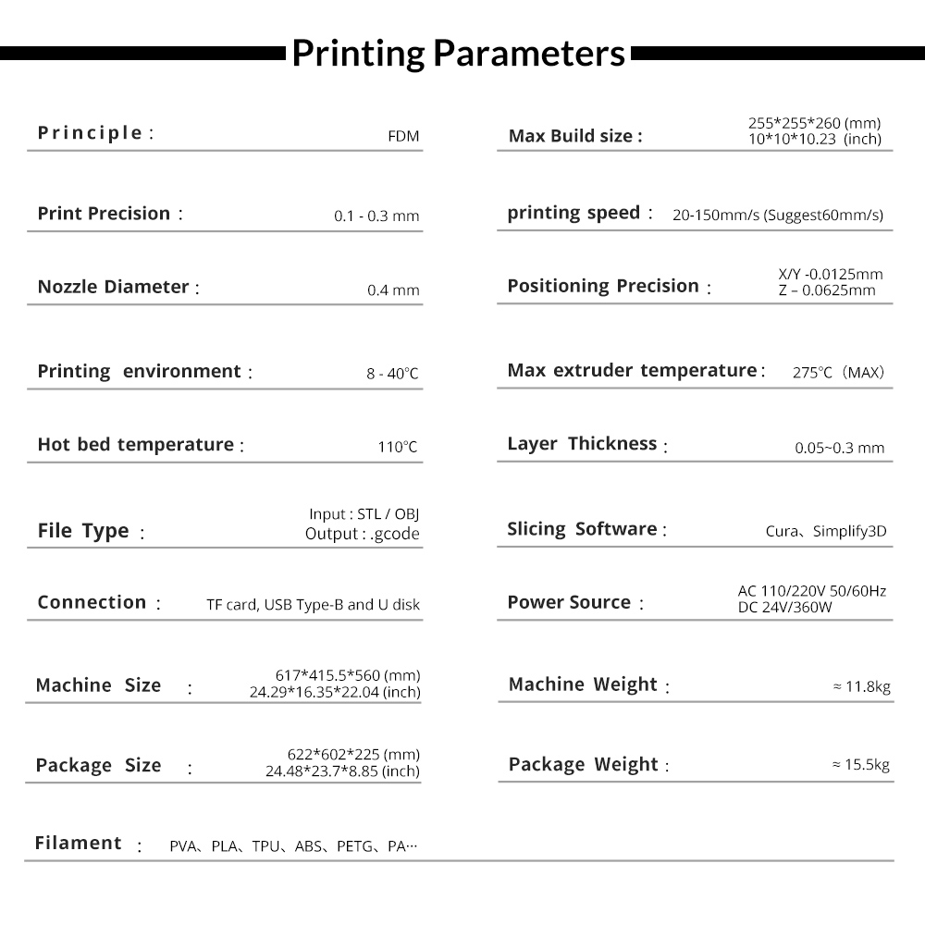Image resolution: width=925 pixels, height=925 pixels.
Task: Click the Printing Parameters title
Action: [x=459, y=54]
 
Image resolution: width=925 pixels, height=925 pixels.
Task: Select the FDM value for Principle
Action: [x=403, y=137]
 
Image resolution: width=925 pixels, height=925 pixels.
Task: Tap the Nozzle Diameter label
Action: [x=114, y=287]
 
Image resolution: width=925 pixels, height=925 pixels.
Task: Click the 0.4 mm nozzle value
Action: [x=393, y=290]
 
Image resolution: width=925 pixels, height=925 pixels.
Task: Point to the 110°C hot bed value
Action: [x=398, y=448]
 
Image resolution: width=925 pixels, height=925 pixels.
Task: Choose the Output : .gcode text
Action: [x=362, y=534]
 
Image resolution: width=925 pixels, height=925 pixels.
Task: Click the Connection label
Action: [x=92, y=602]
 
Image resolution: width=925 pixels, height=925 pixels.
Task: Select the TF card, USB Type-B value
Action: [x=313, y=606]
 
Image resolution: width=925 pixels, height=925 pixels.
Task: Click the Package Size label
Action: [x=98, y=766]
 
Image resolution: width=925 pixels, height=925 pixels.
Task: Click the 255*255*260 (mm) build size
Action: [x=814, y=122]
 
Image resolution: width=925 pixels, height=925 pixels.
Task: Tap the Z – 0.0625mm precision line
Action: [x=827, y=290]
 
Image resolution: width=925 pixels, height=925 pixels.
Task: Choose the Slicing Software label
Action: [x=582, y=529]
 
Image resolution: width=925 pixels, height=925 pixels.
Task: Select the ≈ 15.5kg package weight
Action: [x=860, y=765]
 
